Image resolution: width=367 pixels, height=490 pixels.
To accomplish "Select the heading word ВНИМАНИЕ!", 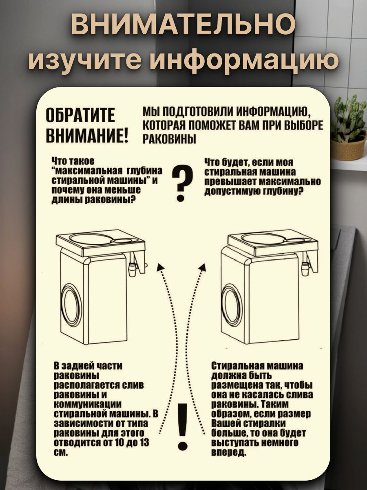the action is click(x=87, y=135).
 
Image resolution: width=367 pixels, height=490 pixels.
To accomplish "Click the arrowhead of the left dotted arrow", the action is click(x=160, y=267).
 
